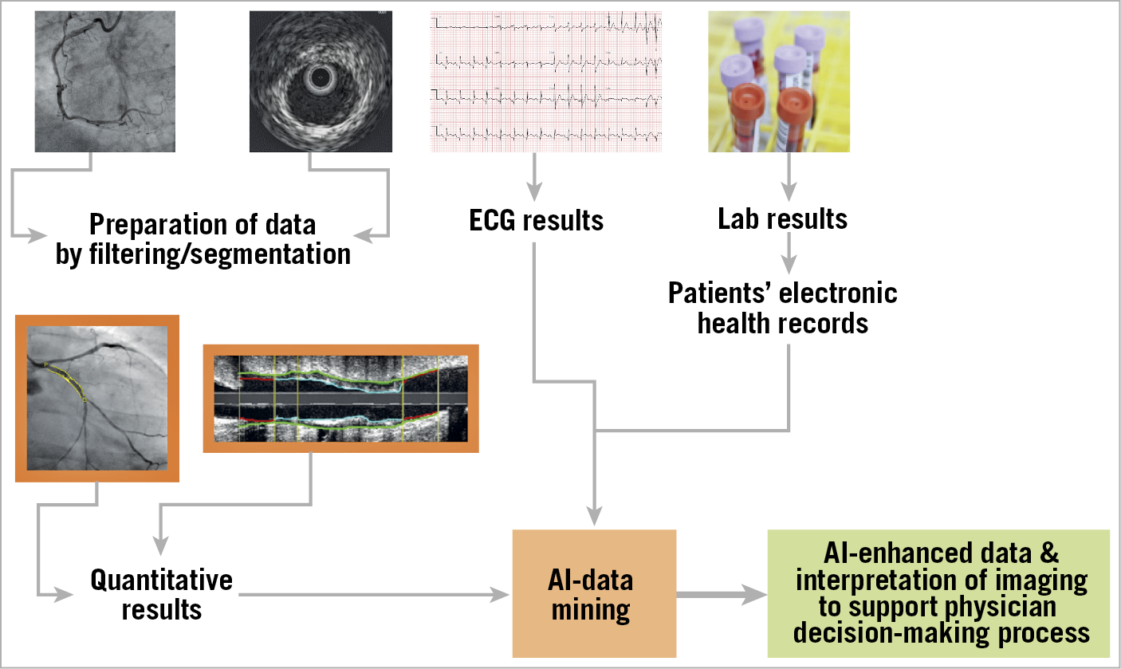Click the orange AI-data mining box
click(x=594, y=594)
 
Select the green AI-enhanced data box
click(x=938, y=593)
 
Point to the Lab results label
click(x=782, y=218)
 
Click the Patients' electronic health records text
click(x=782, y=307)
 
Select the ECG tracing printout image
click(x=546, y=81)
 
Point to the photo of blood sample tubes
click(x=778, y=81)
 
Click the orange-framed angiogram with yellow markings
click(x=97, y=399)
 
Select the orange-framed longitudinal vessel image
click(x=340, y=398)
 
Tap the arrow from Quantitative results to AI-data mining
click(x=375, y=594)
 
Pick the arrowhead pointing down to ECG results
click(x=534, y=191)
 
